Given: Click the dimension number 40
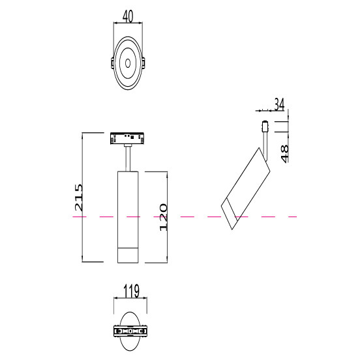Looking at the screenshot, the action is point(128,17).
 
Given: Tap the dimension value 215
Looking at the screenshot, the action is point(78,197).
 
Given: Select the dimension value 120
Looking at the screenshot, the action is point(164,217).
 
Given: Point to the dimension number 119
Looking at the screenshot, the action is point(131,291).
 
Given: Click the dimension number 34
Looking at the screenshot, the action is point(279,104).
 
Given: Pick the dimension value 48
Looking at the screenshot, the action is point(285,154).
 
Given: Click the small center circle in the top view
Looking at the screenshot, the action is point(128,63).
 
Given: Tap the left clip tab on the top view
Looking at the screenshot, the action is point(112,63).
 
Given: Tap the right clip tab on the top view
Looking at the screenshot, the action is point(143,63).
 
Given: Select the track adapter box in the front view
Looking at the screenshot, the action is point(127,138).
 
